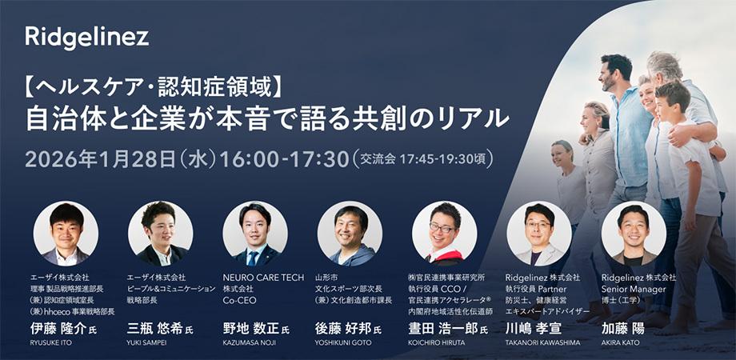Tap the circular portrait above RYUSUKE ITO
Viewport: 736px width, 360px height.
[66, 234]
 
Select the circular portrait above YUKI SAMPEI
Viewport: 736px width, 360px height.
[161, 234]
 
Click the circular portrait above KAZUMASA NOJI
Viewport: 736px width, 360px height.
[255, 234]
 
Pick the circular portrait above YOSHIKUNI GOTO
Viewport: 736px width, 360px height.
[350, 234]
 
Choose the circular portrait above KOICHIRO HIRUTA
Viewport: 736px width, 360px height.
[445, 234]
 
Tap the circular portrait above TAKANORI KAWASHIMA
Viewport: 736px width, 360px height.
[539, 234]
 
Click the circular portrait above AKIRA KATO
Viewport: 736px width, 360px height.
[634, 234]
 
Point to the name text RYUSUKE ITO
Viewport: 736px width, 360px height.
[50, 342]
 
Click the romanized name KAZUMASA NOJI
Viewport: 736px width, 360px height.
[250, 342]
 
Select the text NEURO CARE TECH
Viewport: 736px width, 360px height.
[263, 278]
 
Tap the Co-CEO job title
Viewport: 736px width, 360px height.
[239, 300]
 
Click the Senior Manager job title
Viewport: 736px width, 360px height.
[634, 289]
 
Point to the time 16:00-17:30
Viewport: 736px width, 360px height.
[285, 159]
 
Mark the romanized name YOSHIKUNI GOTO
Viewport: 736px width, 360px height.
[343, 342]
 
